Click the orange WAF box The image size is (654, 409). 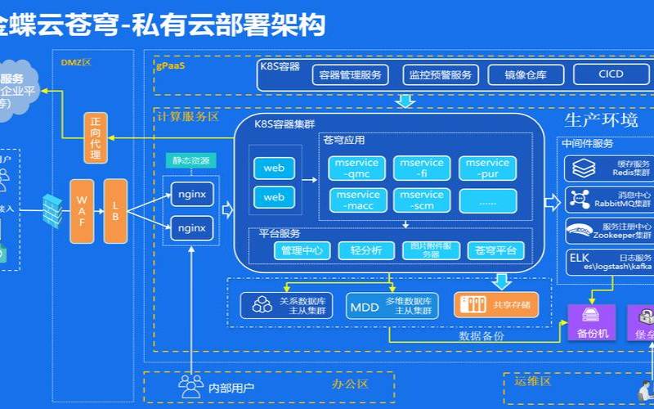click(82, 210)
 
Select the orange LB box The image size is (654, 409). click(115, 210)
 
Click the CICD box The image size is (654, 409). click(610, 74)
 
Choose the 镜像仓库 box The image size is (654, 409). click(524, 74)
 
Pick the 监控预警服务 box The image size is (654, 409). click(441, 74)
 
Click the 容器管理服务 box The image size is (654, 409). click(351, 74)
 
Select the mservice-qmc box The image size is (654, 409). click(357, 168)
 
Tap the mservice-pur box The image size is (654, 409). click(487, 168)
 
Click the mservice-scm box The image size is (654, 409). click(422, 200)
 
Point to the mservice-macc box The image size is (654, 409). click(357, 200)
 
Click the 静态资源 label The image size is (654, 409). click(191, 161)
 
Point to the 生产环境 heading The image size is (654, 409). click(601, 120)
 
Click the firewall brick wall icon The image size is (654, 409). click(52, 209)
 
